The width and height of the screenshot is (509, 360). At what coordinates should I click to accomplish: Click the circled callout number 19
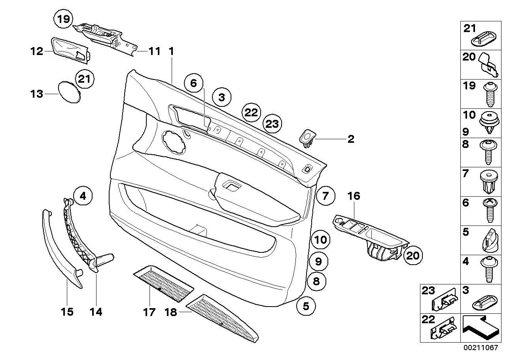63,19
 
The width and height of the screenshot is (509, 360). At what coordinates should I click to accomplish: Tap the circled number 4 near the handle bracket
82,195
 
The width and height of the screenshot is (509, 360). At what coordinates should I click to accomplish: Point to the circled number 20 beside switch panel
412,256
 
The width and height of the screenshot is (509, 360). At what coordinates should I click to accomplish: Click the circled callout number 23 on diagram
272,124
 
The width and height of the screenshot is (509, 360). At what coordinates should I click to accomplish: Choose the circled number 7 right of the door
325,195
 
